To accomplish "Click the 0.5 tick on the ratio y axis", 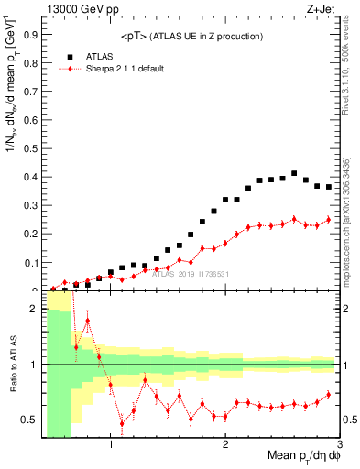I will coord(30,420).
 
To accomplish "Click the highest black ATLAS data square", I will coord(294,173).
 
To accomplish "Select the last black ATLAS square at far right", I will coord(329,187).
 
